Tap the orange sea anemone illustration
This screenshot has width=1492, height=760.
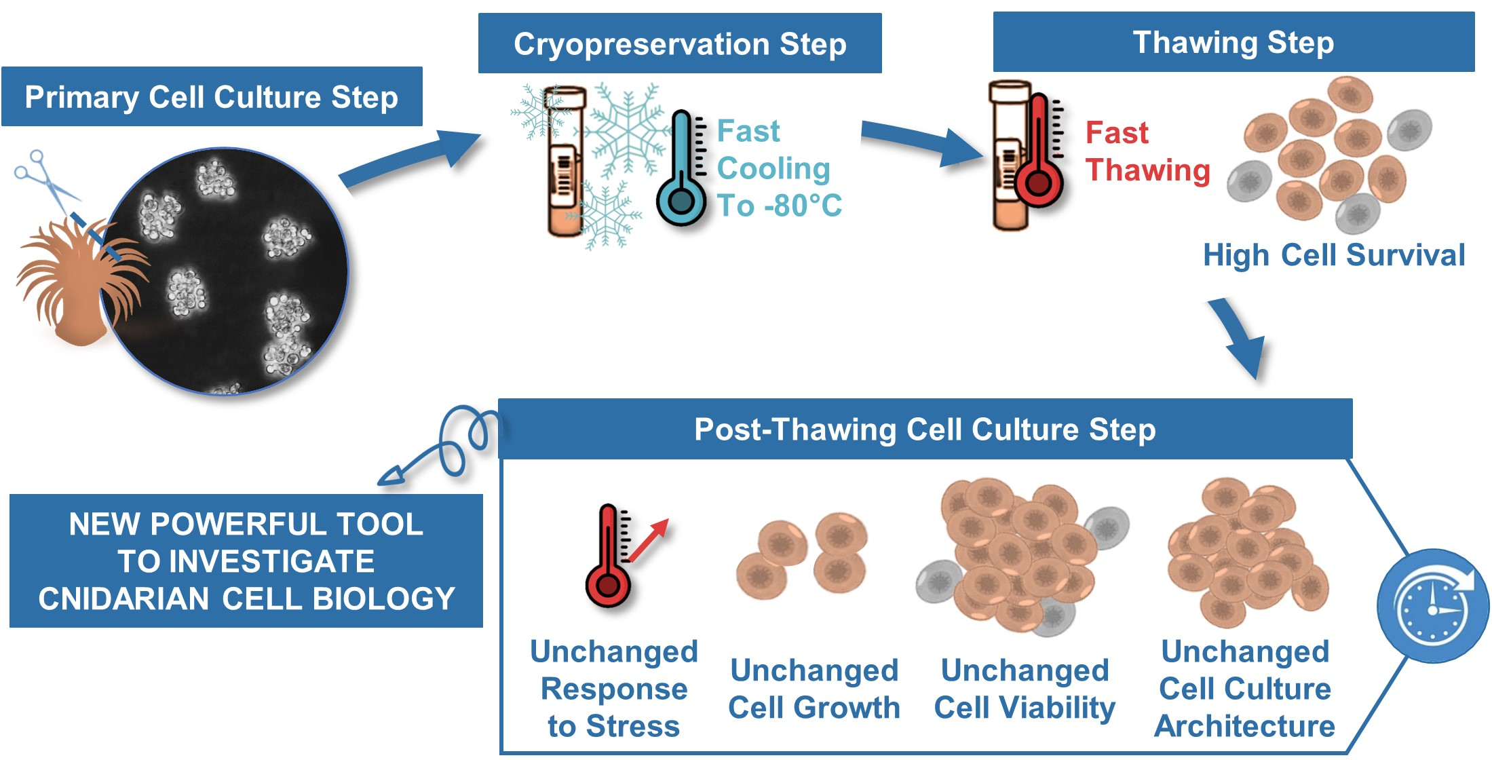pos(75,285)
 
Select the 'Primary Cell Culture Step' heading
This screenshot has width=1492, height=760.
pos(212,97)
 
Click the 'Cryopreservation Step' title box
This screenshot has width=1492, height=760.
pos(680,44)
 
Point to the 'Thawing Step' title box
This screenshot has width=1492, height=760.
pos(1233,42)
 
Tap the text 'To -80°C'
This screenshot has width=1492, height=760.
pos(779,206)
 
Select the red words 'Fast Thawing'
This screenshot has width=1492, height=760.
pos(1147,151)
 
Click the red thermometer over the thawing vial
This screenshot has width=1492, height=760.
pos(1037,153)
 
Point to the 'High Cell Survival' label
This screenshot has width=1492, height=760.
pos(1333,256)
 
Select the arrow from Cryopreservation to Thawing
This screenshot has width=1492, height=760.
pos(923,142)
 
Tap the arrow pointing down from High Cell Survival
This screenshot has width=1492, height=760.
pos(1238,336)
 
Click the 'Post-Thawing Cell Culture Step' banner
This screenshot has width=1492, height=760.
pos(925,430)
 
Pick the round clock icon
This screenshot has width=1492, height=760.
pos(1432,606)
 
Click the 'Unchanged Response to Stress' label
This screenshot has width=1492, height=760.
pos(614,688)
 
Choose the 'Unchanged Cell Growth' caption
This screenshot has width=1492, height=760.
pos(814,689)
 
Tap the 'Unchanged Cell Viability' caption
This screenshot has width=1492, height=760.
pos(1025,689)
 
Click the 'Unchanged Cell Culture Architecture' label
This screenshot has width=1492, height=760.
pos(1245,688)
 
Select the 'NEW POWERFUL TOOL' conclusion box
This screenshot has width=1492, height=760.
pos(246,561)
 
